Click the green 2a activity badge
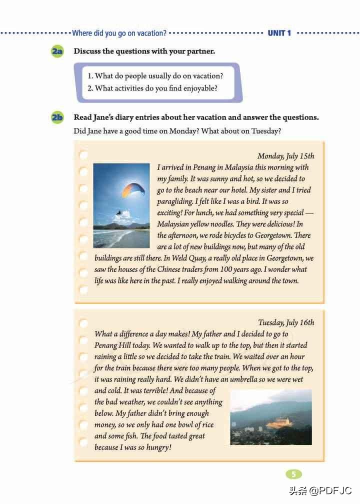(57, 51)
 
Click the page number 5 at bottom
(294, 474)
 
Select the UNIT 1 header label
(279, 33)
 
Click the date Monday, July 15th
(285, 156)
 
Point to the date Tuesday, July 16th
(286, 322)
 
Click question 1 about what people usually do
(155, 76)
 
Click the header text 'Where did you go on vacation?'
(119, 33)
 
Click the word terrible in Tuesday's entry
(150, 390)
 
